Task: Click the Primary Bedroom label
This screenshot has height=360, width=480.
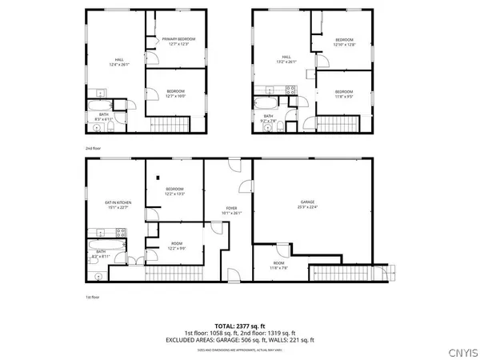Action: click(x=179, y=39)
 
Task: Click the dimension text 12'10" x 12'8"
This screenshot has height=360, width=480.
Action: click(x=344, y=45)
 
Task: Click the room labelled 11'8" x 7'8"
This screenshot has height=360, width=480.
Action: click(x=278, y=265)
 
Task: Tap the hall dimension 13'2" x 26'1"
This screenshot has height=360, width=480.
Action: click(x=286, y=62)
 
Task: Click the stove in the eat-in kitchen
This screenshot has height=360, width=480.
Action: click(x=121, y=233)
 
